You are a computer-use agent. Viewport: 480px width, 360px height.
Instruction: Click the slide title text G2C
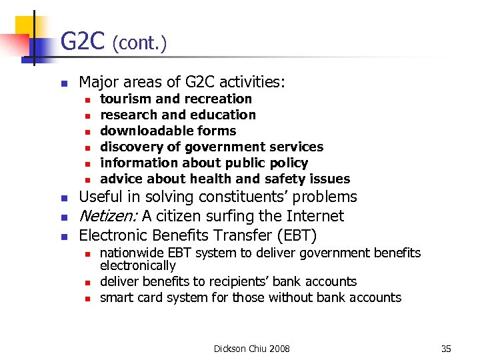(x=83, y=42)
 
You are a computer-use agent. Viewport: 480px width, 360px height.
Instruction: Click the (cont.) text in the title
(x=139, y=44)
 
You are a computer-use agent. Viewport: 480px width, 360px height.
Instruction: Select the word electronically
(x=137, y=265)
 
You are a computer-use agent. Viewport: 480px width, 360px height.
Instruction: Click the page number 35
(x=446, y=349)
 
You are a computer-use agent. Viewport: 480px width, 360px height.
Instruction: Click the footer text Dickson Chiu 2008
(x=252, y=349)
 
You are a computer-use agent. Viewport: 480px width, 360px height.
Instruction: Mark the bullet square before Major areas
(x=63, y=83)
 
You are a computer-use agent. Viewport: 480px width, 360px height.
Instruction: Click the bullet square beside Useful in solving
(x=63, y=198)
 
